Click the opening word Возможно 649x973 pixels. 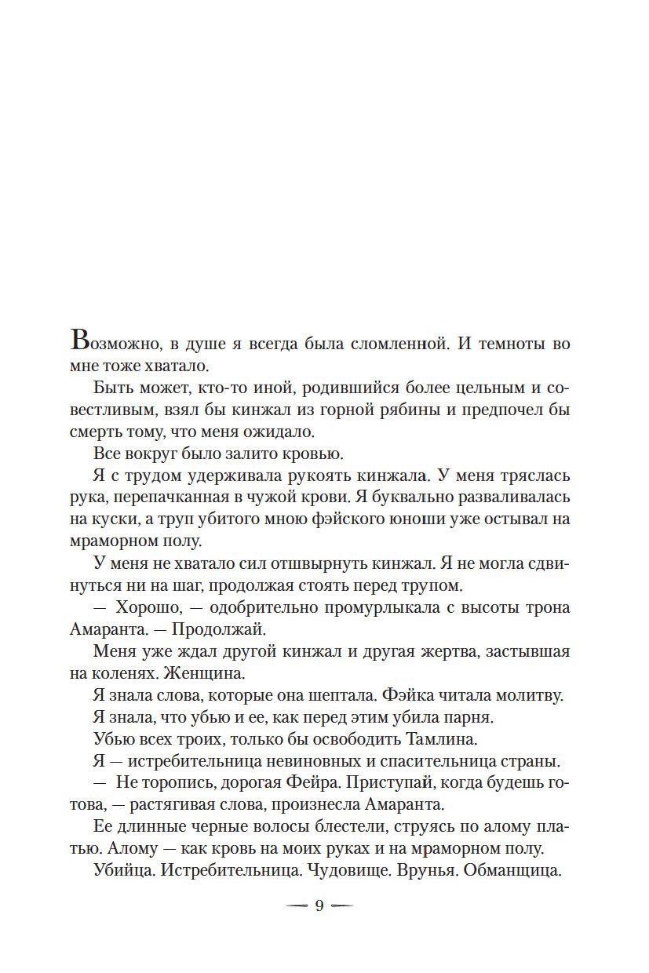tap(109, 344)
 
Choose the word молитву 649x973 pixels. tap(535, 696)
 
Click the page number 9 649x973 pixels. tap(319, 906)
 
